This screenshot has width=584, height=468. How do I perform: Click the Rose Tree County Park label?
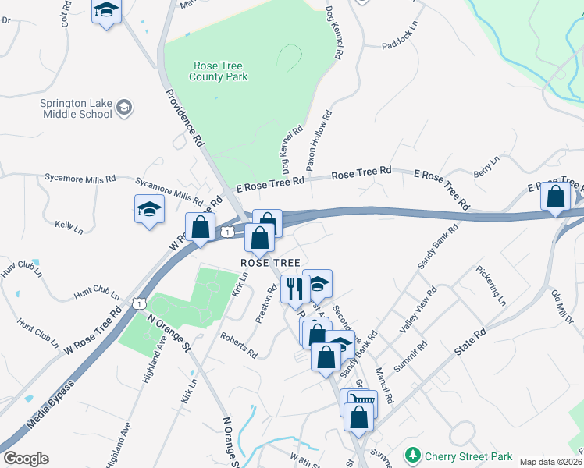[219, 71]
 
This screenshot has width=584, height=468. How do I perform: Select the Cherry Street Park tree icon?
[411, 455]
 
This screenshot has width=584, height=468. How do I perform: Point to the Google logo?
[26, 459]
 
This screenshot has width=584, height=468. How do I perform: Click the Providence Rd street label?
[184, 118]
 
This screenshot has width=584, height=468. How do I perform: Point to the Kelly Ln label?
[69, 227]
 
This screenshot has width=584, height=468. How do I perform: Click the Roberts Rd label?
[239, 345]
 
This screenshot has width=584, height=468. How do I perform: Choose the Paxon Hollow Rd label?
[318, 140]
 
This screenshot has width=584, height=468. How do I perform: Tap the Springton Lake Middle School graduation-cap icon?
[124, 110]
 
